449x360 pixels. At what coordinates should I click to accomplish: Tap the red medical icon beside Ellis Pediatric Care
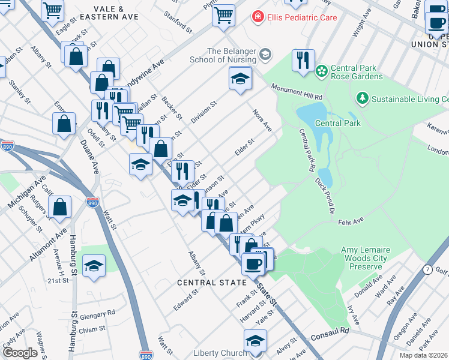click(x=258, y=17)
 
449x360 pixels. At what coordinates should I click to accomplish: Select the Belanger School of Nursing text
click(x=231, y=55)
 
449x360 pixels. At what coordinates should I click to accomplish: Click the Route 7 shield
click(x=427, y=269)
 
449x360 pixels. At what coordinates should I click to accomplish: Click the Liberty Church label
click(x=220, y=353)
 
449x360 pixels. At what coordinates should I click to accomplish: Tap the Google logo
click(x=20, y=352)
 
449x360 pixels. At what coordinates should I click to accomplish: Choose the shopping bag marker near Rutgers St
click(x=61, y=208)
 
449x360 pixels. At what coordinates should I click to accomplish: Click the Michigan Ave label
click(x=26, y=193)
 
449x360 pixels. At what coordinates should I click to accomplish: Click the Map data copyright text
click(x=423, y=355)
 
